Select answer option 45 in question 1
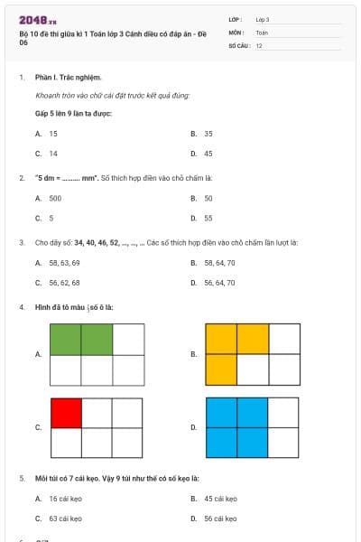[x=208, y=154]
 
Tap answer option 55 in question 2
[x=208, y=218]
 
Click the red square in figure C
[x=66, y=412]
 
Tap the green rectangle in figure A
[x=81, y=340]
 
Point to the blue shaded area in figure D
[x=236, y=427]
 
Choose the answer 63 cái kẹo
[x=65, y=519]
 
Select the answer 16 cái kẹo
[x=65, y=498]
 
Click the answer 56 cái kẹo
[x=220, y=519]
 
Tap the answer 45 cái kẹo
[x=220, y=498]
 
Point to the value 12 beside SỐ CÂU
[x=260, y=45]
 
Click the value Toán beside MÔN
[x=262, y=32]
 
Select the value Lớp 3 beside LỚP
[x=263, y=18]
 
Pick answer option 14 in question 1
[x=53, y=154]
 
